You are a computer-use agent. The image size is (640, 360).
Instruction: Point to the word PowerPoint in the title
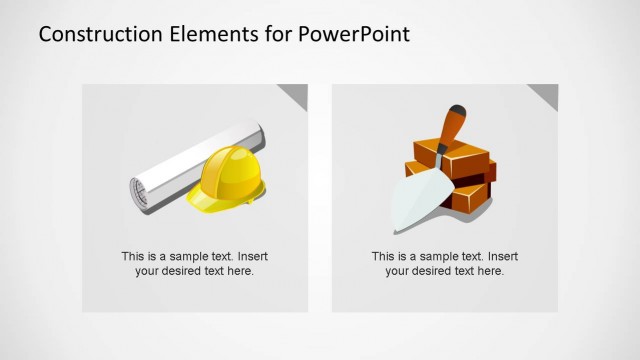point(354,34)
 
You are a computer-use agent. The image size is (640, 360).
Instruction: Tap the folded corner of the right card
point(544,94)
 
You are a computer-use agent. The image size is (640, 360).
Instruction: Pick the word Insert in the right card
point(502,256)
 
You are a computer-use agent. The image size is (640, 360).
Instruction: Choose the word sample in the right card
point(436,256)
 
